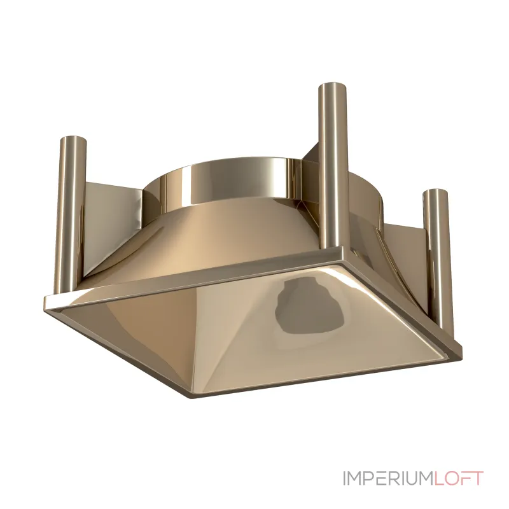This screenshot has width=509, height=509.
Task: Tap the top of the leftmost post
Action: click(74, 139)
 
